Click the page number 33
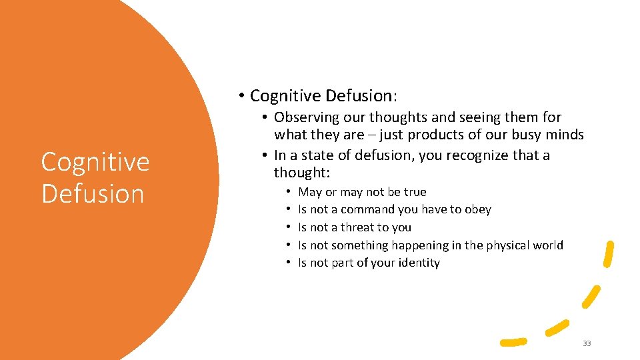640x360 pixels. click(587, 343)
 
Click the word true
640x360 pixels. click(415, 192)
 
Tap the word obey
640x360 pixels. click(477, 209)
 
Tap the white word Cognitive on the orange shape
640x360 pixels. click(95, 162)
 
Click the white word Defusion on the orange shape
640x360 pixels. click(93, 194)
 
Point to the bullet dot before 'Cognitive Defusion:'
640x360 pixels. click(241, 96)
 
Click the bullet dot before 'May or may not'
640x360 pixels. click(289, 192)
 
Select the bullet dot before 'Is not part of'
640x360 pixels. click(289, 263)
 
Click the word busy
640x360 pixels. click(533, 135)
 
